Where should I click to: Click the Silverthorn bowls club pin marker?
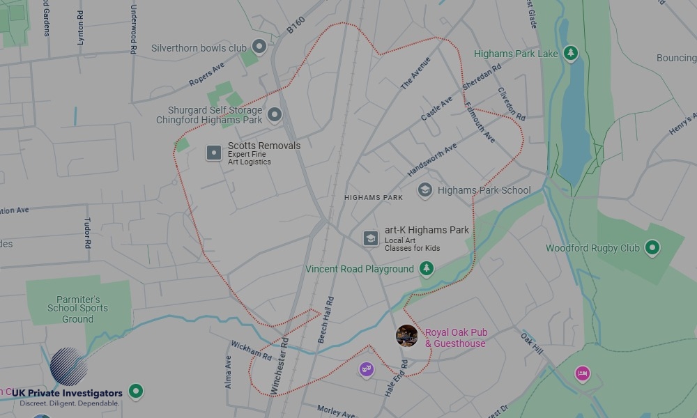click(x=259, y=47)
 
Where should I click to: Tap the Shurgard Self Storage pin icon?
click(x=275, y=115)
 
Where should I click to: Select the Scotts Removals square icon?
click(x=214, y=153)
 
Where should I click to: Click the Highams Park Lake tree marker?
click(x=571, y=53)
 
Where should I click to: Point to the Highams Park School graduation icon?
click(x=424, y=189)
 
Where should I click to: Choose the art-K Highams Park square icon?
click(x=371, y=238)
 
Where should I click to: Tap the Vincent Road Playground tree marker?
click(x=427, y=268)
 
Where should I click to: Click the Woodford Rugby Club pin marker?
click(x=652, y=247)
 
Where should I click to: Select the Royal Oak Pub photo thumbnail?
click(x=407, y=335)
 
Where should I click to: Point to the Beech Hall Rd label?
click(x=325, y=320)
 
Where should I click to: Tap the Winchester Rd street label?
click(x=279, y=366)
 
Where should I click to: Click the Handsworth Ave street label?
click(x=432, y=160)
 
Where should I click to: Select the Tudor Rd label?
click(x=88, y=233)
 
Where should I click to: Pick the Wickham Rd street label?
click(x=251, y=350)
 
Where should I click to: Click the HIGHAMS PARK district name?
click(x=374, y=198)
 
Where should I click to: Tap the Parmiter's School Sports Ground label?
click(x=77, y=309)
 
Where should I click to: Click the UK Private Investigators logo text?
click(x=67, y=394)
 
